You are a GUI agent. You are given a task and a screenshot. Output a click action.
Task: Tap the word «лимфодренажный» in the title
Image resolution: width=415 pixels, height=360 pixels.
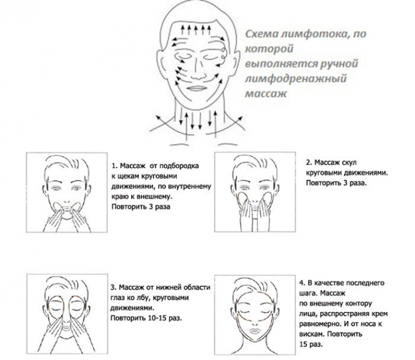(x=296, y=78)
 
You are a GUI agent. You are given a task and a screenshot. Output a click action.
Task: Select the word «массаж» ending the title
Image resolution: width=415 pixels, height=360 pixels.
(x=266, y=93)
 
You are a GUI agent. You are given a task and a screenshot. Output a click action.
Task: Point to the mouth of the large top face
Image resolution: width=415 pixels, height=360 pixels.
(x=196, y=88)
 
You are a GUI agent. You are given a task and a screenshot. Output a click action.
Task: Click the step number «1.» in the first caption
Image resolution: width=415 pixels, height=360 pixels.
(x=114, y=166)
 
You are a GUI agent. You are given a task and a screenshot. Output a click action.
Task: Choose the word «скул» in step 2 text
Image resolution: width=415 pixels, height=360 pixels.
(x=350, y=163)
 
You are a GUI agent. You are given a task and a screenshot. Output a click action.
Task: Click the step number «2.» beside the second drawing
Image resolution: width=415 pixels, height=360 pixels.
(x=309, y=163)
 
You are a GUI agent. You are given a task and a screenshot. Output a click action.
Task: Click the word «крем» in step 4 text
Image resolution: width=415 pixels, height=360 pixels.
(x=380, y=314)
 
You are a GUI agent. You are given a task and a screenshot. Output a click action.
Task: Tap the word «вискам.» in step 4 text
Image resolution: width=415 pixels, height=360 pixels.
(x=312, y=334)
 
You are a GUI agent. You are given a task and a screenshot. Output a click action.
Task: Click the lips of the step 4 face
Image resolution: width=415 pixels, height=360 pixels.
(x=255, y=331)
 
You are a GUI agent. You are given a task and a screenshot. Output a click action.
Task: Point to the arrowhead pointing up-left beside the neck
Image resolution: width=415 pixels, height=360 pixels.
(x=158, y=118)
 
